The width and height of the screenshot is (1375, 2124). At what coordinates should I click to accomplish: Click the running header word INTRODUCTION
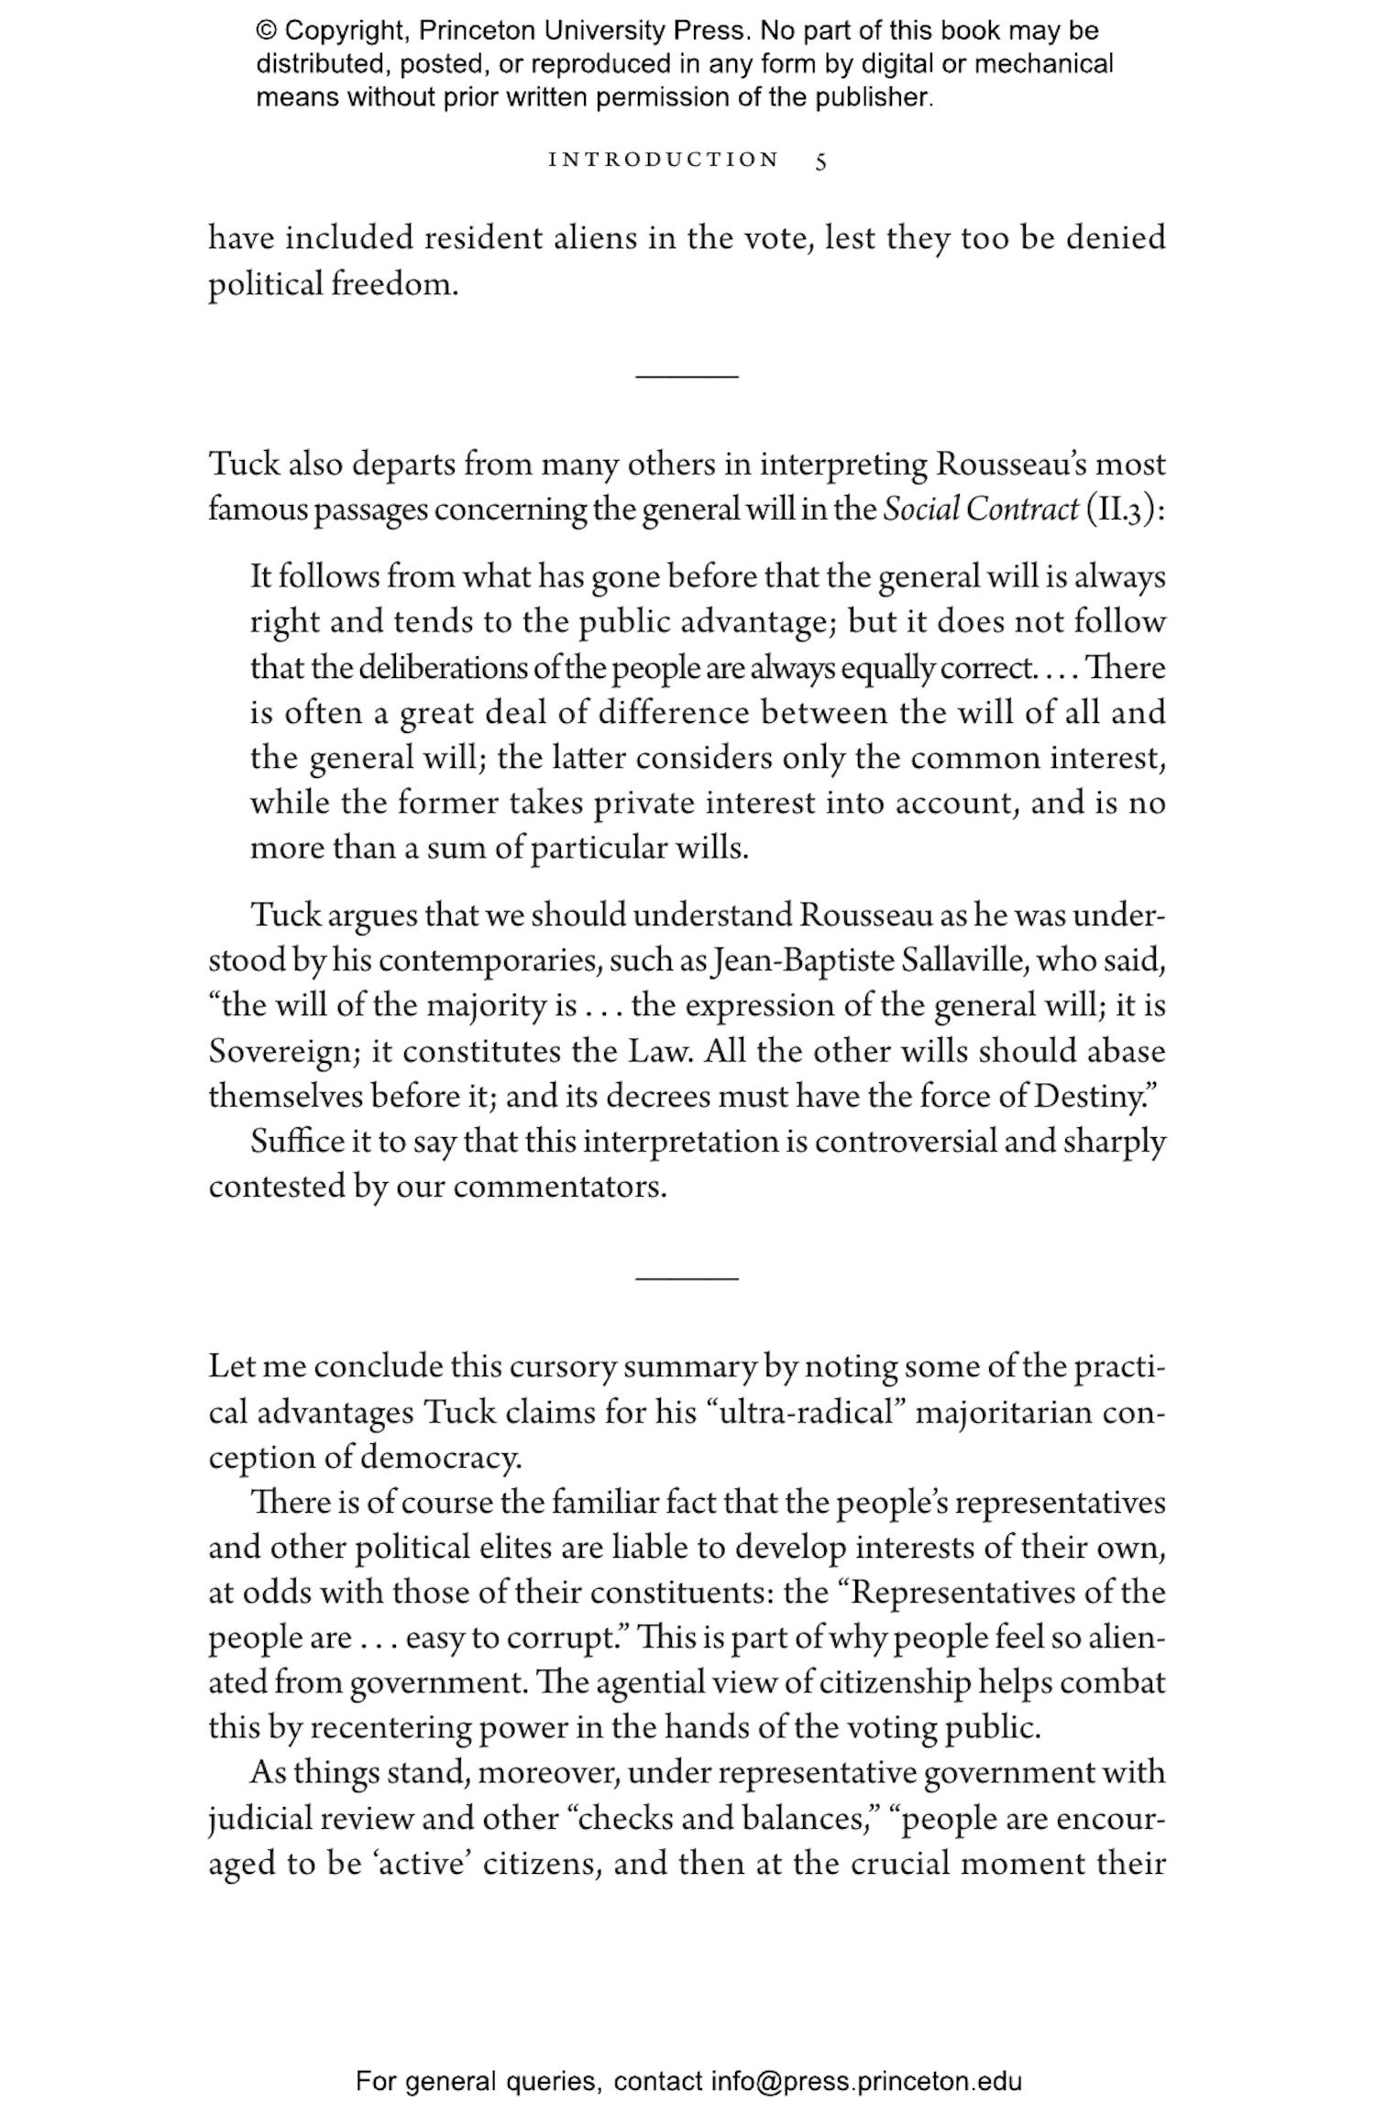tap(664, 160)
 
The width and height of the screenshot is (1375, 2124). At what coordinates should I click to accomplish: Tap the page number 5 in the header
tap(820, 161)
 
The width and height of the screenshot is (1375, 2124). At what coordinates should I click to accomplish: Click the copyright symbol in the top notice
tap(266, 31)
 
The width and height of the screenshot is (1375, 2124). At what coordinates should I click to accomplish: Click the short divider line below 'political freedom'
tap(687, 377)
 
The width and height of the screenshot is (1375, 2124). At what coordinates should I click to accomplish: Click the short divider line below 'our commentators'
tap(687, 1277)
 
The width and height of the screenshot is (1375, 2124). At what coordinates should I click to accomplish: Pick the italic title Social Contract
tap(980, 510)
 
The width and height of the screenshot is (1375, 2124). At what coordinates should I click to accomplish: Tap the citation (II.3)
tap(1125, 510)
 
